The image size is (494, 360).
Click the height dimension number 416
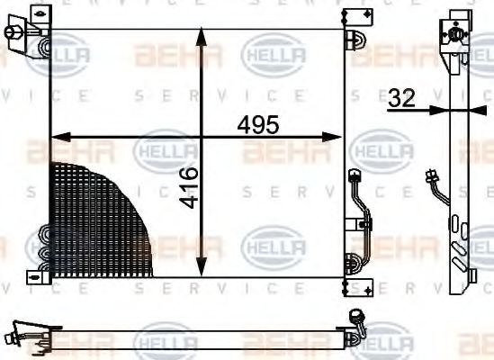coord(188,186)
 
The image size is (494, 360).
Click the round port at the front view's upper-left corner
coord(12,33)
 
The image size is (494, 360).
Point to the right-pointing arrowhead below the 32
coord(441,111)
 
